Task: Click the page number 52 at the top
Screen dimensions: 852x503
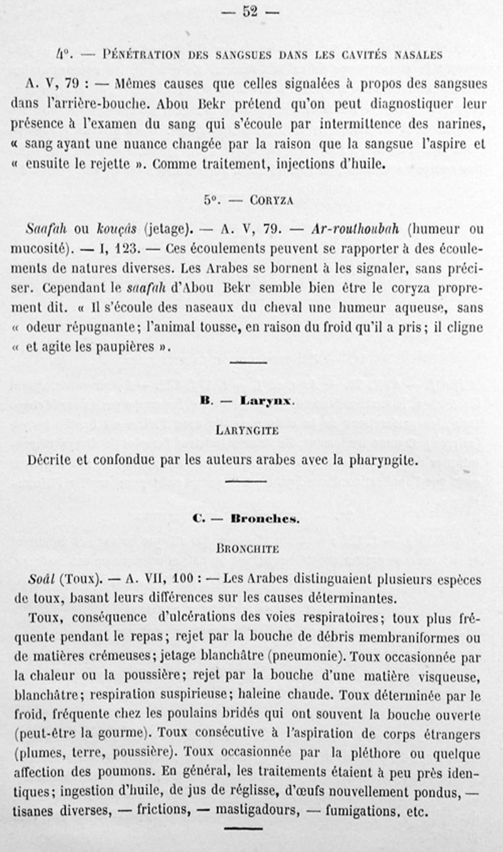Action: pyautogui.click(x=251, y=12)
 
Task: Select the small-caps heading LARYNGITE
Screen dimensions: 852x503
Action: pyautogui.click(x=251, y=431)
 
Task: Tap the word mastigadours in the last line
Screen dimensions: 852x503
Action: pyautogui.click(x=255, y=812)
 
